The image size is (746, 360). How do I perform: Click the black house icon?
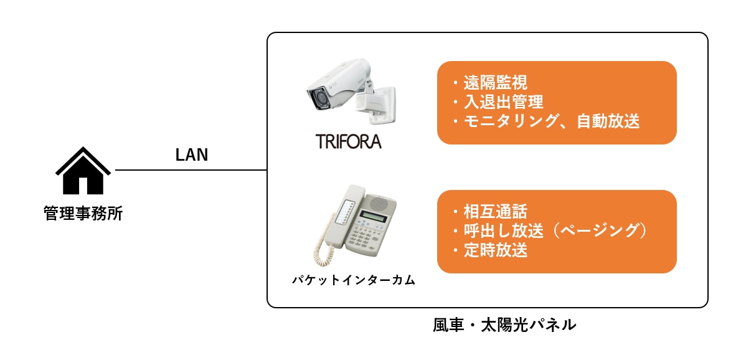click(83, 171)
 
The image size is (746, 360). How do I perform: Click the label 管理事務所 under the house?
click(83, 213)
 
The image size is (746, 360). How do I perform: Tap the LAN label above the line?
click(192, 156)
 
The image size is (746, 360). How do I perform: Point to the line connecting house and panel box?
click(191, 170)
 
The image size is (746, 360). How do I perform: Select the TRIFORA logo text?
click(349, 141)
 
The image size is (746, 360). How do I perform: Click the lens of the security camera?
click(319, 99)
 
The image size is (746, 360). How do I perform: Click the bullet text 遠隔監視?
click(495, 83)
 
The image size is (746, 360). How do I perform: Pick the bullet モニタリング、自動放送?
click(552, 121)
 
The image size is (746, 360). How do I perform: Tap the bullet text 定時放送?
click(495, 250)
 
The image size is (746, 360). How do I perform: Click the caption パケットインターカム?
click(354, 280)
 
